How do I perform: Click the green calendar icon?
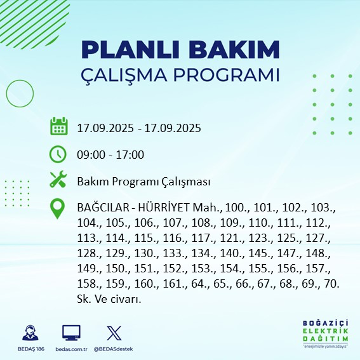58,126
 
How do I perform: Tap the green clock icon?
58,154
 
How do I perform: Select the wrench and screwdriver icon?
58,181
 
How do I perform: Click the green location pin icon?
58,209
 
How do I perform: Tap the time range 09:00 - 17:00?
110,154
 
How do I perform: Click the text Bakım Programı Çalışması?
143,182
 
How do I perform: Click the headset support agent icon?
29,333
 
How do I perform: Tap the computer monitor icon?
71,333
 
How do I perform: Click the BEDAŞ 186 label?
29,349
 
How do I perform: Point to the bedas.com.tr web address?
71,349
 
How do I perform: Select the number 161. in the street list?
157,284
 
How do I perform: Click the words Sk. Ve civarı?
108,298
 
